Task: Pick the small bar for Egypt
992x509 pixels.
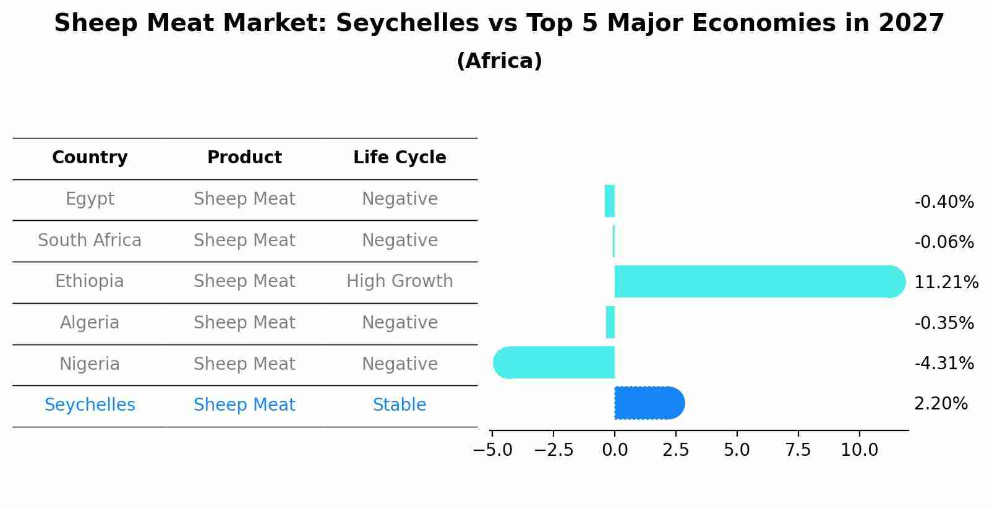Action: click(x=610, y=201)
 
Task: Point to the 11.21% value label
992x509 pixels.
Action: click(x=946, y=283)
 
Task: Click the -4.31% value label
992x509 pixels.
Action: click(x=944, y=363)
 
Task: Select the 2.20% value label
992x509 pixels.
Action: click(x=941, y=404)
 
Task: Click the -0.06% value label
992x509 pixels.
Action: click(x=944, y=242)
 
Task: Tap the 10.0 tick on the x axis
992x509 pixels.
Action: click(x=859, y=450)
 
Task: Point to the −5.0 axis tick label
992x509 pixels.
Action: click(x=492, y=450)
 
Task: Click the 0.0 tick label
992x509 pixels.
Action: click(x=615, y=450)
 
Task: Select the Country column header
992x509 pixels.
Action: click(x=90, y=158)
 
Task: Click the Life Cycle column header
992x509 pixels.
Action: click(x=400, y=158)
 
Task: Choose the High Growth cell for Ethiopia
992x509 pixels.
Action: click(x=400, y=281)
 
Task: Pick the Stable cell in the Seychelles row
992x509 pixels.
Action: click(x=400, y=405)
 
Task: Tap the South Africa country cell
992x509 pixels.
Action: click(x=90, y=240)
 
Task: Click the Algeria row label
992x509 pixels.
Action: click(x=90, y=323)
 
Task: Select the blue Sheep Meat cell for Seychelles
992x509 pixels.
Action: click(x=244, y=405)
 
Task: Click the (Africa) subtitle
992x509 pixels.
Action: click(x=499, y=61)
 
